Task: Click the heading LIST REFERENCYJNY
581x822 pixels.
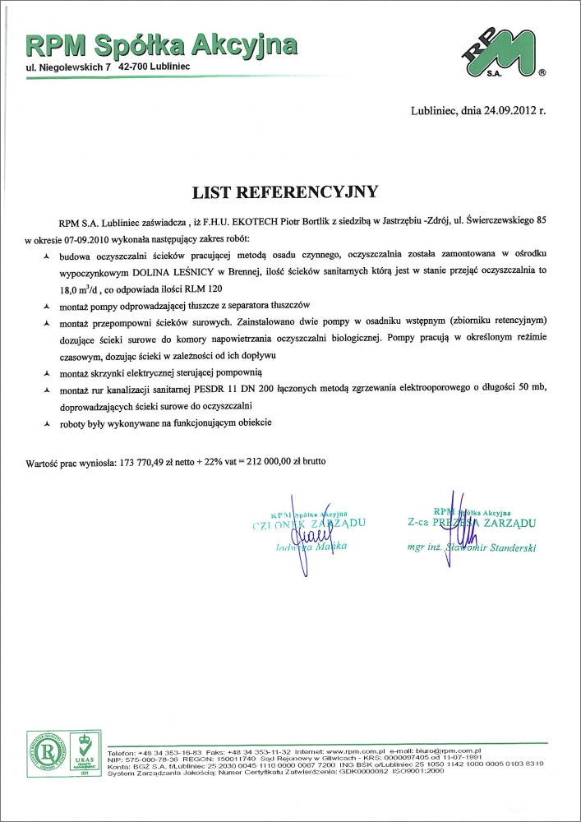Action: tap(285, 192)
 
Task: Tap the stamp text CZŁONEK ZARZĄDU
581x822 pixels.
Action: tap(304, 523)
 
